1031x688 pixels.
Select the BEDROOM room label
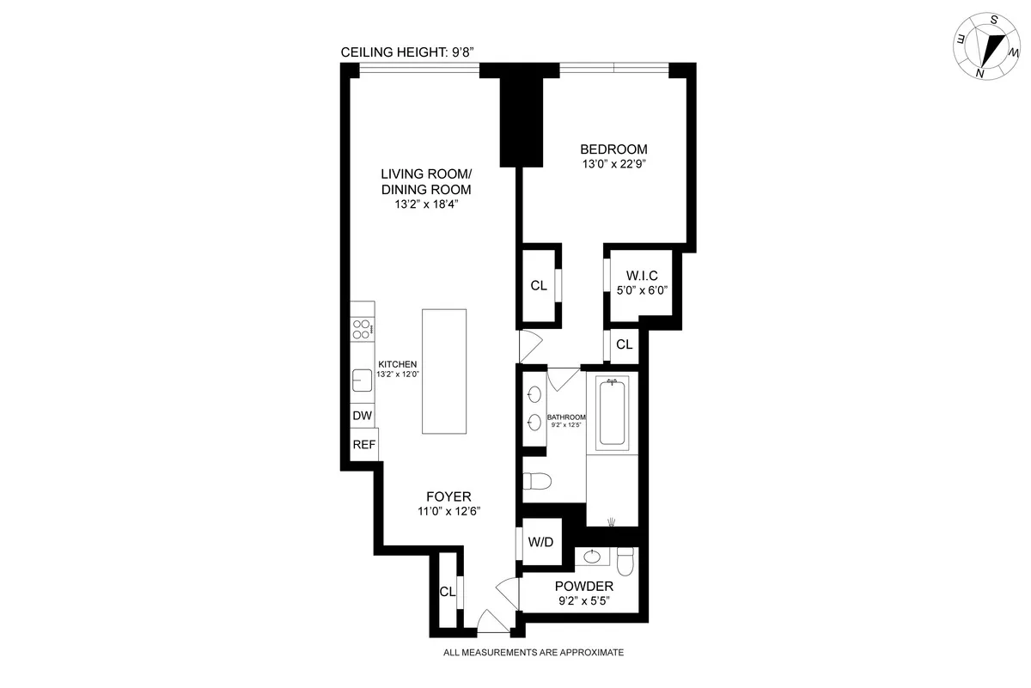(613, 149)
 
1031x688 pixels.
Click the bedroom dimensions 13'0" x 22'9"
(613, 163)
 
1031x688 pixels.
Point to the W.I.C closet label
(642, 276)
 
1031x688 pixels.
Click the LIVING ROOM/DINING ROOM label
(426, 181)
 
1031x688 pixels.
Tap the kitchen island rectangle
(444, 371)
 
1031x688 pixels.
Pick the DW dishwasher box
(363, 416)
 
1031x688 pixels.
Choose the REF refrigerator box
(364, 445)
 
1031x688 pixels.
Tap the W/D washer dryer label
(540, 542)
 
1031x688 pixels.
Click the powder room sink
(593, 557)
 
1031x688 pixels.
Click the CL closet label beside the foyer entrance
(447, 592)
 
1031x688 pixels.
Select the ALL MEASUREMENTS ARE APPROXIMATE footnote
(533, 653)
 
